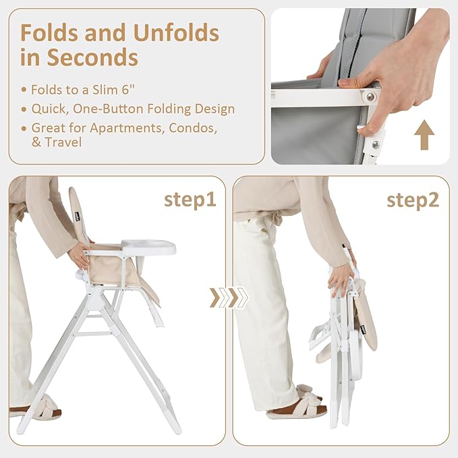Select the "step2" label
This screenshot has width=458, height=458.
click(x=413, y=200)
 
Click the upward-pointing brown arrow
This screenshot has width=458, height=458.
click(x=424, y=135)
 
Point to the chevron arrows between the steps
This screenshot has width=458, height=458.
click(x=229, y=297)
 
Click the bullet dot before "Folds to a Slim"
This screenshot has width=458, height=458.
click(x=24, y=90)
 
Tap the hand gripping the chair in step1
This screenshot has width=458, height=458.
click(x=80, y=255)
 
